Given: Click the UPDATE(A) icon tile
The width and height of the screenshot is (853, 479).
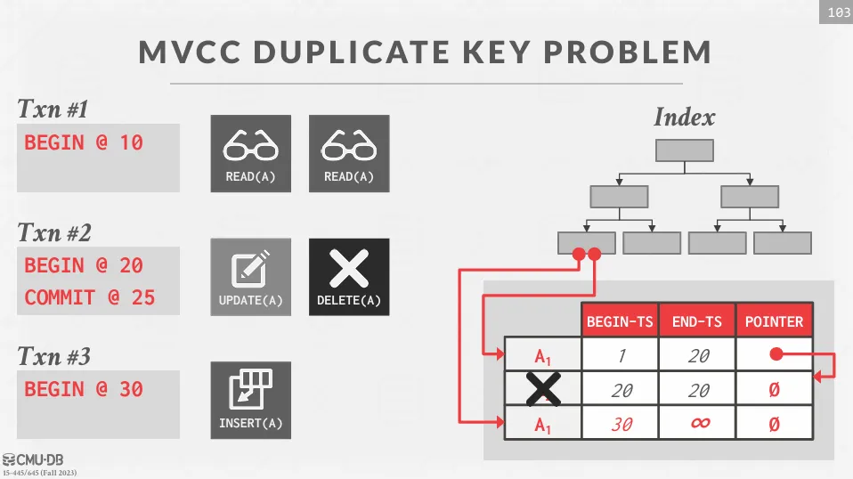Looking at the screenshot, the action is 251,277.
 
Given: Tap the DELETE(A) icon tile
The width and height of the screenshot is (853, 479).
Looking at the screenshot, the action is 349,277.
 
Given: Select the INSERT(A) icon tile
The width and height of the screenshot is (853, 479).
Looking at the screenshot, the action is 251,400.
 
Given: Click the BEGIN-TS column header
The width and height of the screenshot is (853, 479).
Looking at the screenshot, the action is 620,321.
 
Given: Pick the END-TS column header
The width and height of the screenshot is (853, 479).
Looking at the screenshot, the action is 697,321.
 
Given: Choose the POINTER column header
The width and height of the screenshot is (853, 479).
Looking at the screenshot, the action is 774,321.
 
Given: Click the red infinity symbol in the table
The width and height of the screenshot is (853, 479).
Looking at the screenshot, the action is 700,422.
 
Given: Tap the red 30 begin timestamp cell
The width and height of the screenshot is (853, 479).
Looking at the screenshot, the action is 621,424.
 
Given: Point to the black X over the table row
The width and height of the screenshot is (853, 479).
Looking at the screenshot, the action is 543,389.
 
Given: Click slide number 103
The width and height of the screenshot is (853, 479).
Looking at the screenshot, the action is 839,12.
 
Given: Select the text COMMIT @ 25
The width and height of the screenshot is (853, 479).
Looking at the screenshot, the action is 90,297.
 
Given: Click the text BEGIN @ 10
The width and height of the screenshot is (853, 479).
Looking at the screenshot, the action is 84,142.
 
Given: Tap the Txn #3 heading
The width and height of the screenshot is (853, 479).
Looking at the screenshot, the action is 53,357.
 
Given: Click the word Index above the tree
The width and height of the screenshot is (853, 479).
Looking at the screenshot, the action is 685,117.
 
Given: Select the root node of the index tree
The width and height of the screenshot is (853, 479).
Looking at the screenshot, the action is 685,150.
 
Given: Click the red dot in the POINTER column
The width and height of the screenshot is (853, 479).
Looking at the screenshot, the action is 776,354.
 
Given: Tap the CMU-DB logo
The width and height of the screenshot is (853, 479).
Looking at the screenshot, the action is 33,460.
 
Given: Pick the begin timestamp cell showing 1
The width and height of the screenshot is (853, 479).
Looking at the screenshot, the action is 621,355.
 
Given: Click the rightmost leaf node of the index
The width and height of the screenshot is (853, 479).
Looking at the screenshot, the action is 783,243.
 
